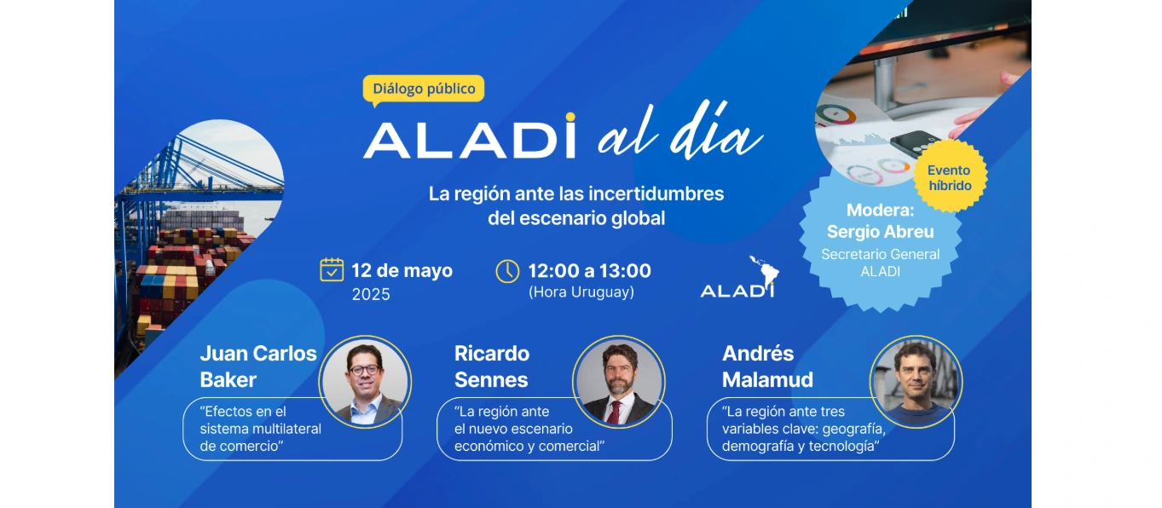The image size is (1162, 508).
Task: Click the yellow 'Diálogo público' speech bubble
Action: point(424,89)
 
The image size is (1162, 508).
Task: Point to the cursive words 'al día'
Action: point(679,136)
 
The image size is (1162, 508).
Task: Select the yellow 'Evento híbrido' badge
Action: point(949,177)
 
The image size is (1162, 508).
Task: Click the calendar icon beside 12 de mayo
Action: point(332,270)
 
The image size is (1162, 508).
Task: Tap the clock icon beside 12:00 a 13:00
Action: point(507,271)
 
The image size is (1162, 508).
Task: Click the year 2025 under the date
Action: point(371,295)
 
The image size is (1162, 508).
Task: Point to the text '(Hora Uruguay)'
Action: point(581,292)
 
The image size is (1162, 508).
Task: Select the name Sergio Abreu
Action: point(880,232)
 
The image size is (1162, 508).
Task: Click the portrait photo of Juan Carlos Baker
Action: point(365,382)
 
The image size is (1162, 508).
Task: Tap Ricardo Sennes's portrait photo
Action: point(619,382)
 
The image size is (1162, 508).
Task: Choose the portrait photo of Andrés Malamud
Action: point(916,382)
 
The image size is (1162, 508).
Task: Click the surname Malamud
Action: point(767,380)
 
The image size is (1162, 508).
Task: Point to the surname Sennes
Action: point(491,380)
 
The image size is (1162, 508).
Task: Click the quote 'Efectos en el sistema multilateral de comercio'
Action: point(261,429)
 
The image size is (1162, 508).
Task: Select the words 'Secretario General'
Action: point(880,254)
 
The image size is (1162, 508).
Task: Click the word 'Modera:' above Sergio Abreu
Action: point(880,211)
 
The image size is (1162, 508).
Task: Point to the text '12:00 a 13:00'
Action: point(589,271)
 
